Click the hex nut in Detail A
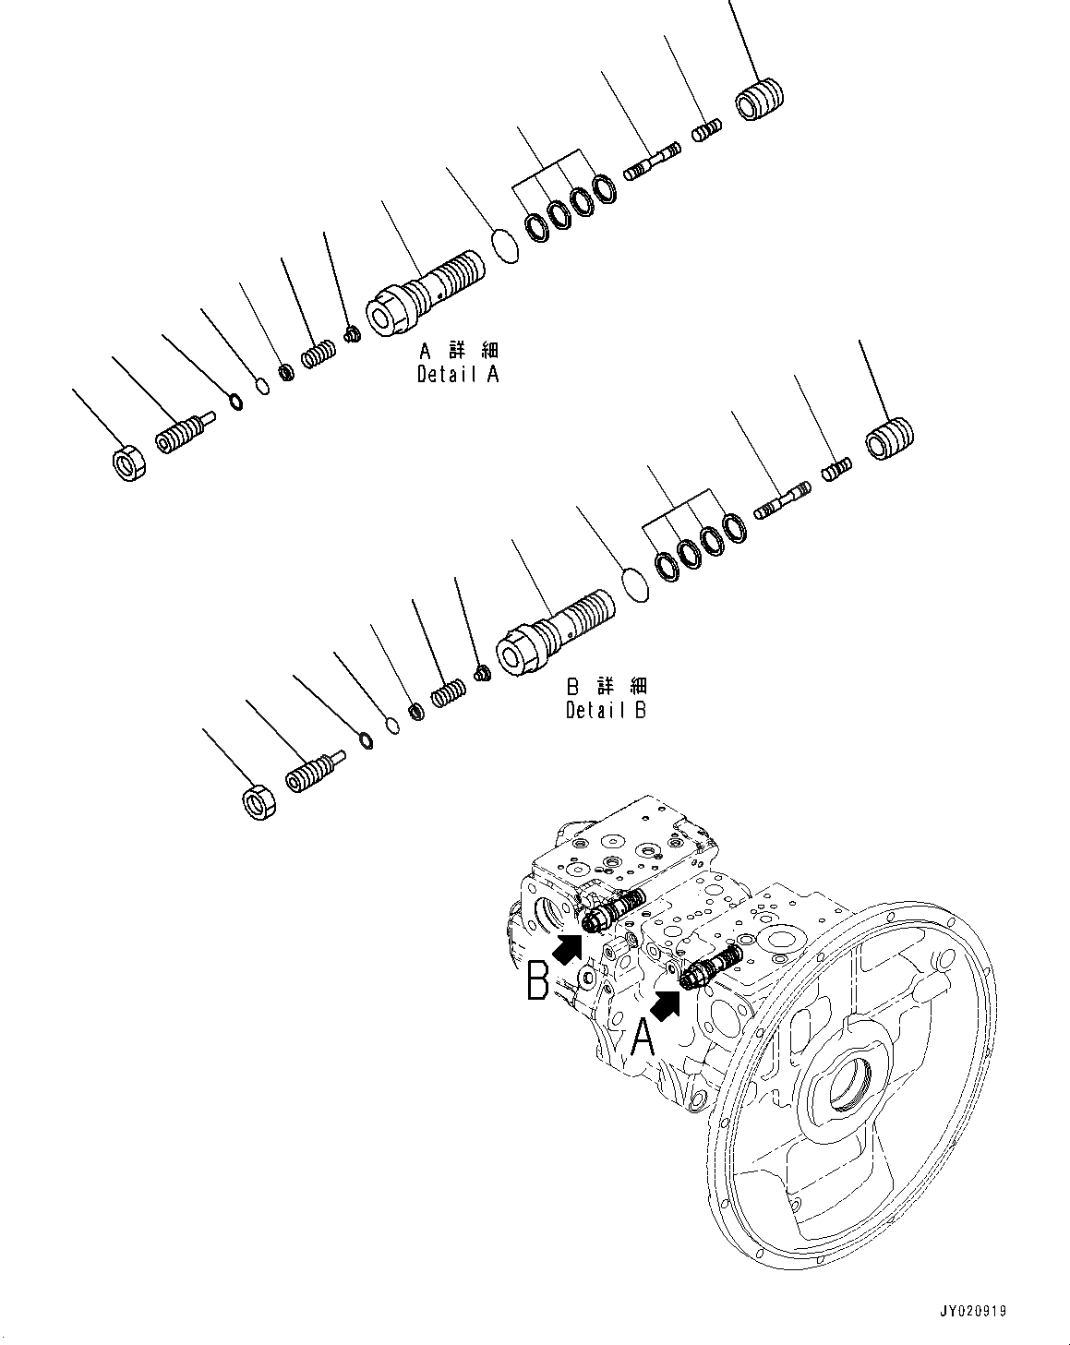click(128, 462)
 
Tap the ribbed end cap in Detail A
click(761, 100)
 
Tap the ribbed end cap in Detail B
click(890, 437)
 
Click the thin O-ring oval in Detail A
click(504, 246)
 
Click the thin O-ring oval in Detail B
click(635, 584)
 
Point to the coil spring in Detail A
click(319, 354)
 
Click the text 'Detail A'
click(458, 375)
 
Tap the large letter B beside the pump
click(537, 981)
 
